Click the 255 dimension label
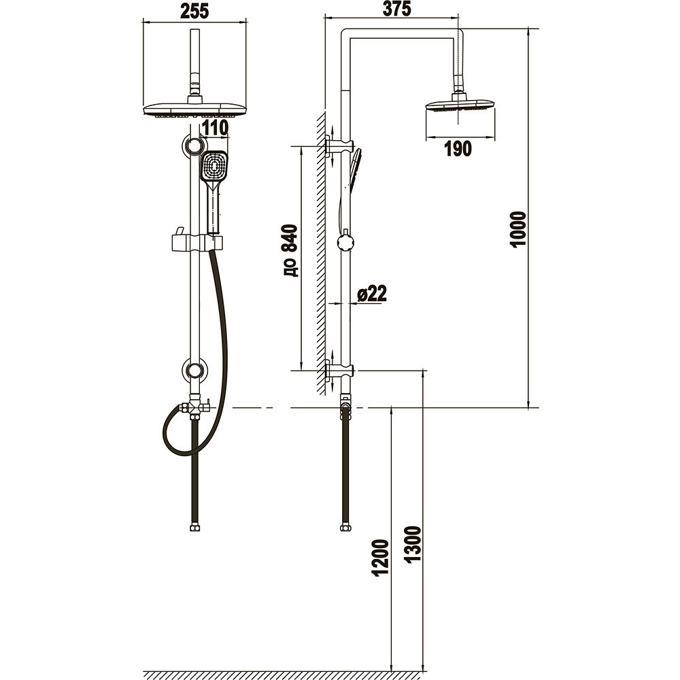[194, 12]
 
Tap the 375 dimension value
[397, 9]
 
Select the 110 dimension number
[215, 129]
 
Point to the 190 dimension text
[458, 149]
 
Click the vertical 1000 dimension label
[519, 229]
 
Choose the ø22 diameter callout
[372, 294]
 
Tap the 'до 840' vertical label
[290, 251]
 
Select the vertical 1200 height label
[380, 558]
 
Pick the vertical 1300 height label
[413, 544]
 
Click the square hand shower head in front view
[214, 166]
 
